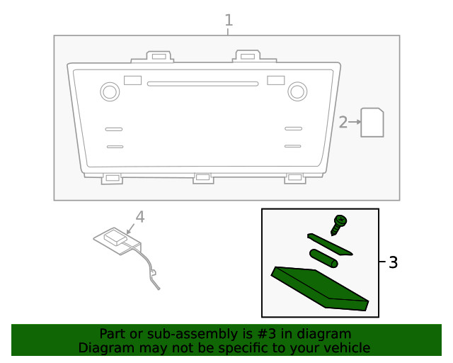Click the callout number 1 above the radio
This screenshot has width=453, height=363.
click(x=229, y=21)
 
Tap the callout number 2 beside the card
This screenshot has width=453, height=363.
click(x=343, y=123)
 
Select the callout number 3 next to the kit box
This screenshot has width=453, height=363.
click(x=393, y=263)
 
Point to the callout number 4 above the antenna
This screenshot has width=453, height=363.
click(x=140, y=217)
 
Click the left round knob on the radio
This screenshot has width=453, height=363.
click(x=110, y=91)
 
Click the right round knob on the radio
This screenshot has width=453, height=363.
click(x=297, y=91)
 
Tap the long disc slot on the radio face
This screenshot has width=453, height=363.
click(x=202, y=84)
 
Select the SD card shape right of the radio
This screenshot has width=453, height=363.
click(x=372, y=123)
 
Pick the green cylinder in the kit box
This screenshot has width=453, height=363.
click(x=323, y=258)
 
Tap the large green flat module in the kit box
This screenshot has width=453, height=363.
click(x=321, y=287)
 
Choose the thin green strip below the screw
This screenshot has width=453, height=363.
click(x=330, y=244)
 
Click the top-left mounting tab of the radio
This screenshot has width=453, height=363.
click(x=159, y=56)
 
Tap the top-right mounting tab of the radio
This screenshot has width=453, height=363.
click(x=246, y=56)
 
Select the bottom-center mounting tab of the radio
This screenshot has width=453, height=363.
click(x=203, y=178)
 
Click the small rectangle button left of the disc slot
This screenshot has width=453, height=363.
click(x=132, y=80)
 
